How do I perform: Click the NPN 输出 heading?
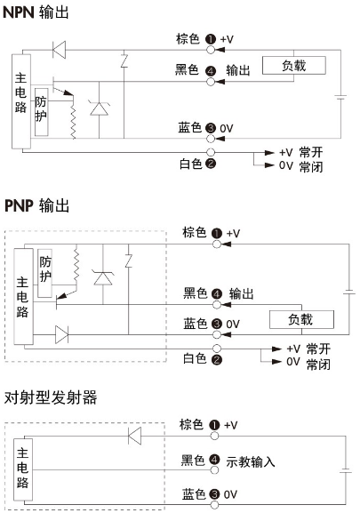point(36,12)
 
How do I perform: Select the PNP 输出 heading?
point(36,206)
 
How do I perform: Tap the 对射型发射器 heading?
point(51,397)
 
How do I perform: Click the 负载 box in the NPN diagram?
point(294,66)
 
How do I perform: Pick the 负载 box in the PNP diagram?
point(301,320)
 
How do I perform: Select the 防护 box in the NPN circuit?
point(41,112)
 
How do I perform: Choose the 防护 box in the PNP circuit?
point(44,273)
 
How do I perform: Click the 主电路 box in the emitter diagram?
point(23,469)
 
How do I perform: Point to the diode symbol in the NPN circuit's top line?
point(60,50)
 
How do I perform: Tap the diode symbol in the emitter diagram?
point(134,436)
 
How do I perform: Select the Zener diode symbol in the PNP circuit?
point(103,278)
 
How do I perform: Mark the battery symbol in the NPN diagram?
point(340,97)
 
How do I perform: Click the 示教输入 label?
point(251,462)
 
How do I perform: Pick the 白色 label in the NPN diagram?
point(190,164)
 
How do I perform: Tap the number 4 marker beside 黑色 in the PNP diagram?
point(217,293)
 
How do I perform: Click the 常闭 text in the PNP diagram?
point(318,365)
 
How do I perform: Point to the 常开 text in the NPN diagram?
point(311,152)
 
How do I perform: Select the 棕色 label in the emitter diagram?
point(191,424)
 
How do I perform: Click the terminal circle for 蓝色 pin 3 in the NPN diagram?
point(211,139)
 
